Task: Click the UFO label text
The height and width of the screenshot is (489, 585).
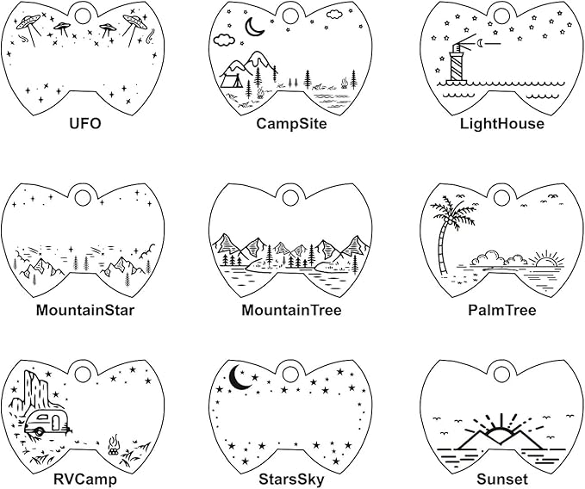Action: click(x=85, y=123)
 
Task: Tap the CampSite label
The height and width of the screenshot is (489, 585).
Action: click(x=291, y=123)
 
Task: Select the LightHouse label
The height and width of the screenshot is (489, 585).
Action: click(x=501, y=123)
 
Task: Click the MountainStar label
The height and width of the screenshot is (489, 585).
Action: click(x=85, y=310)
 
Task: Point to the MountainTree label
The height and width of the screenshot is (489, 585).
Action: click(x=291, y=310)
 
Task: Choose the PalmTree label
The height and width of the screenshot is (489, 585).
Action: click(x=501, y=310)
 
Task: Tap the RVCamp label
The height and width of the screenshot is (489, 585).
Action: click(x=85, y=480)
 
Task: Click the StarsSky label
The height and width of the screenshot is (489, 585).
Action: click(x=291, y=480)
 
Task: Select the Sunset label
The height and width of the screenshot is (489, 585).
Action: click(x=501, y=480)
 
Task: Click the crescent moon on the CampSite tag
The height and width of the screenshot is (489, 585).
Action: click(x=253, y=27)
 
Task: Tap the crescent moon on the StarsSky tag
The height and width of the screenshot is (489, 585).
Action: click(x=239, y=377)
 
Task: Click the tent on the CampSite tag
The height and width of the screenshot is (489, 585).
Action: click(x=231, y=80)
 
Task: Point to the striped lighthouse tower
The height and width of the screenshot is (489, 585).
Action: click(x=457, y=63)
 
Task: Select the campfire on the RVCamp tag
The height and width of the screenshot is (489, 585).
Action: click(x=113, y=445)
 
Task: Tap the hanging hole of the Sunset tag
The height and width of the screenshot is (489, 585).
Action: click(x=501, y=374)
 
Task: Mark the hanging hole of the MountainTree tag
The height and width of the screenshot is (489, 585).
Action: click(x=290, y=197)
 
